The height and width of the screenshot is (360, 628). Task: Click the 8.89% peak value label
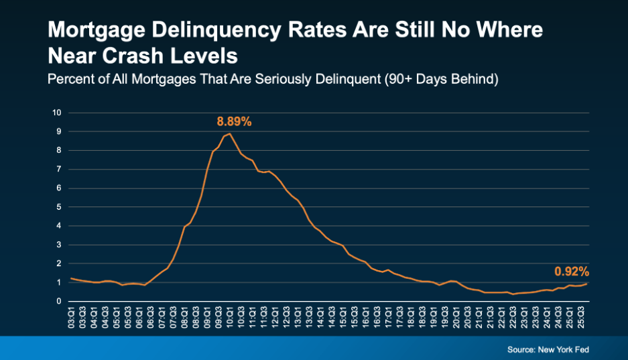pyautogui.click(x=233, y=122)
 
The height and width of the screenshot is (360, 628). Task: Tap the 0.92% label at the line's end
pyautogui.click(x=571, y=272)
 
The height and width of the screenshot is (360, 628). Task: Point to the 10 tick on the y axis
pyautogui.click(x=57, y=113)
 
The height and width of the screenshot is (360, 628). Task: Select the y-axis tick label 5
pyautogui.click(x=59, y=207)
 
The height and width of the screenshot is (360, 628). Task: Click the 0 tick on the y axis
pyautogui.click(x=59, y=302)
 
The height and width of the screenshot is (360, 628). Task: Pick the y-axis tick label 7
pyautogui.click(x=59, y=169)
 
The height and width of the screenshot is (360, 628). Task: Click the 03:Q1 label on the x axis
pyautogui.click(x=71, y=318)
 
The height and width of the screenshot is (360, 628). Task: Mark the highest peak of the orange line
pyautogui.click(x=230, y=133)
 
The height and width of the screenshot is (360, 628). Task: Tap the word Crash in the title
pyautogui.click(x=140, y=54)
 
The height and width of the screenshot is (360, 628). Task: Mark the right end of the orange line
pyautogui.click(x=588, y=284)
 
